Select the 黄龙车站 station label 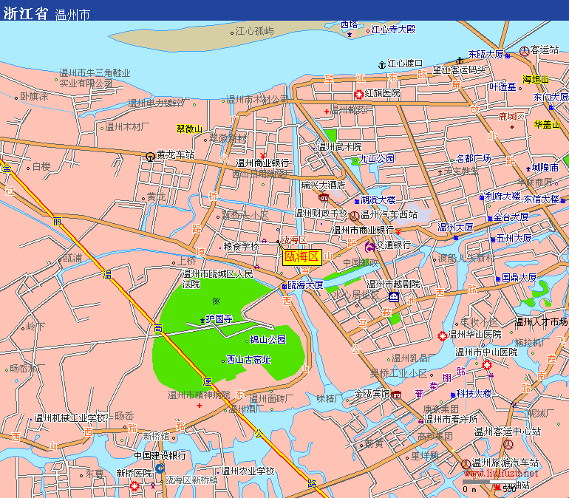coord(174,155)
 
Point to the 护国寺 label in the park coord(219,319)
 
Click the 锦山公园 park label coord(268,340)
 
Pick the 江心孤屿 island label coord(254,31)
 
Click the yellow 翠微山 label coord(189,129)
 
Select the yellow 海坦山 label coord(536,80)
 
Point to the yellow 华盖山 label coord(547,124)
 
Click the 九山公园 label coord(377,158)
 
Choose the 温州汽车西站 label coord(389,215)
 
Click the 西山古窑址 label coord(249,360)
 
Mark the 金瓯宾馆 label coord(372,394)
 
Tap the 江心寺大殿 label coord(393,30)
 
